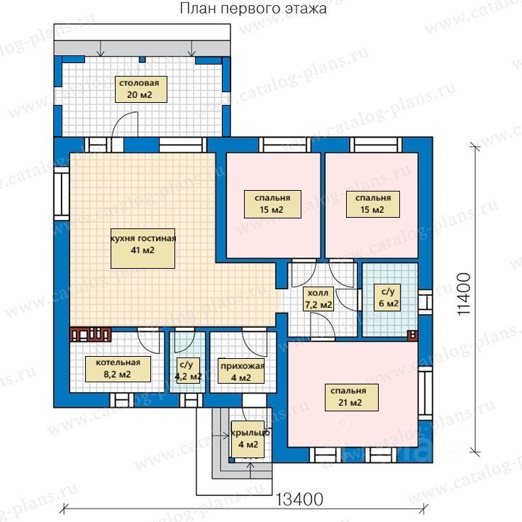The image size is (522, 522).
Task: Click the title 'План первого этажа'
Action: click(253, 9)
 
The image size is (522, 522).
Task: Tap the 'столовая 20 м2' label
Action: click(141, 89)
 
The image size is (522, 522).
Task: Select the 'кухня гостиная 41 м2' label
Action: click(143, 248)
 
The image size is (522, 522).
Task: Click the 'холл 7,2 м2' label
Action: click(318, 299)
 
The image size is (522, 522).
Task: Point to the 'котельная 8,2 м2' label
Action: click(118, 369)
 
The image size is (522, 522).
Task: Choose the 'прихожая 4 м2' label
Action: click(241, 371)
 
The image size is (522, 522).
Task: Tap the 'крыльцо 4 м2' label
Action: click(248, 439)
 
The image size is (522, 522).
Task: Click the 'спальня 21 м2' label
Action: click(352, 397)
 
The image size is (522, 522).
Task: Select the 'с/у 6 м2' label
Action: click(387, 297)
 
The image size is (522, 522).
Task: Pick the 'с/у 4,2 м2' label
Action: click(187, 371)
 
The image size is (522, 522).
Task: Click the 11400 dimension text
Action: click(465, 294)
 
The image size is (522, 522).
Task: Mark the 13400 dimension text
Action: click(299, 499)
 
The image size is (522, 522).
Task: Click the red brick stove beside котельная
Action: click(91, 335)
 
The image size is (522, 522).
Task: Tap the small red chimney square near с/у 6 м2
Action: click(413, 335)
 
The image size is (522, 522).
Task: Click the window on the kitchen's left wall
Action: click(62, 194)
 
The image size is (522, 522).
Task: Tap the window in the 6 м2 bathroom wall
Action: click(425, 302)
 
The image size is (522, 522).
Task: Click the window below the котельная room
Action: click(121, 400)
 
